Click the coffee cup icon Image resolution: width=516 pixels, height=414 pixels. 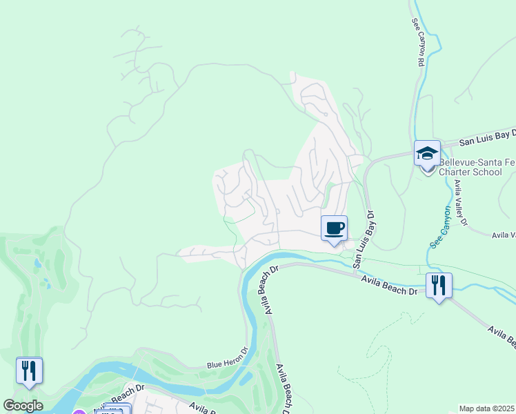click(334, 228)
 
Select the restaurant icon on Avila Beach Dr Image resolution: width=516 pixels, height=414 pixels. click(439, 285)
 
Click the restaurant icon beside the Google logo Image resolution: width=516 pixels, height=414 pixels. click(29, 371)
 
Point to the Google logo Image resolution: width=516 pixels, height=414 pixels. click(23, 406)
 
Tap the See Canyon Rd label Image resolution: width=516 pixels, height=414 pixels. click(417, 41)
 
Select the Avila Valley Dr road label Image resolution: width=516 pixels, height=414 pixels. click(460, 203)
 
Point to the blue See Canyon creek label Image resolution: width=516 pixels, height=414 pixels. click(439, 227)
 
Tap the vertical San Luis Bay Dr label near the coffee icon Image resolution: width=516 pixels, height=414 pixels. click(364, 239)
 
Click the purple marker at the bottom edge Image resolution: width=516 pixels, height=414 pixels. click(79, 412)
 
